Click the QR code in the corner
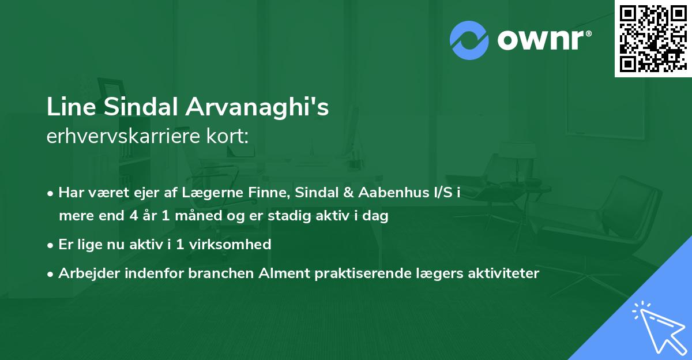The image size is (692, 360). click(653, 38)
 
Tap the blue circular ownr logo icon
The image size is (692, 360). click(469, 40)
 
